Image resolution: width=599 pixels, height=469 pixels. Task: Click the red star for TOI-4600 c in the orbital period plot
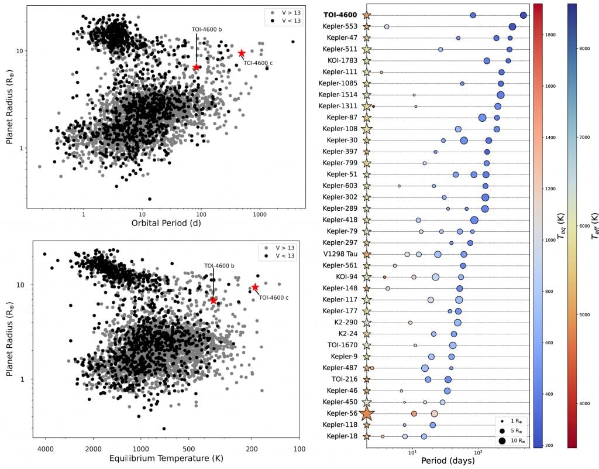[242, 53]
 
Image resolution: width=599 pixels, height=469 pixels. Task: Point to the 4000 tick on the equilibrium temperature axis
[46, 449]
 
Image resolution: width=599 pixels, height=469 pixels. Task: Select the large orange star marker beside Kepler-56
[367, 413]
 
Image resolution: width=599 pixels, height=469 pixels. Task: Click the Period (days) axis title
[447, 461]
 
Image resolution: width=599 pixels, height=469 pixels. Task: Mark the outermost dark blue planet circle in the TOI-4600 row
[523, 15]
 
